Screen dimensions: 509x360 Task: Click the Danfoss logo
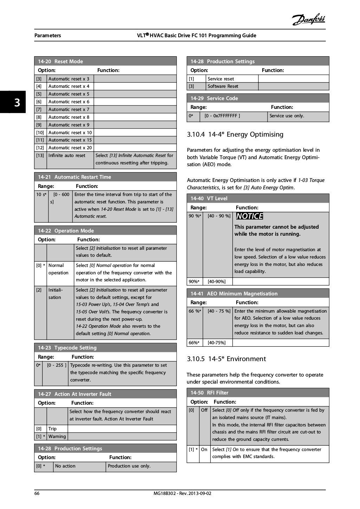click(308, 19)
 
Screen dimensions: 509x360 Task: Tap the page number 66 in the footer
click(37, 493)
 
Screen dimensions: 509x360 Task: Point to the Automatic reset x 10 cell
click(70, 132)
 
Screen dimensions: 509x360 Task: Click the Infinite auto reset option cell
click(67, 156)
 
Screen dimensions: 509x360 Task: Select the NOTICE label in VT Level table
click(249, 216)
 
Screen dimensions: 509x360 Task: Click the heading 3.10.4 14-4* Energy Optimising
click(235, 135)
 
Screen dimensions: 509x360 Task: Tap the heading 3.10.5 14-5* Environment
click(226, 359)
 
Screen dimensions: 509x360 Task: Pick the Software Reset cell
click(223, 86)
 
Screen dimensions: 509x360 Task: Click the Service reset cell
click(221, 79)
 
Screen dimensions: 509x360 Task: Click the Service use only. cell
click(287, 116)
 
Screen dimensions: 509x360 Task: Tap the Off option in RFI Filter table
click(204, 410)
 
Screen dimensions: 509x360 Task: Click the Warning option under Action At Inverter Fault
click(57, 437)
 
